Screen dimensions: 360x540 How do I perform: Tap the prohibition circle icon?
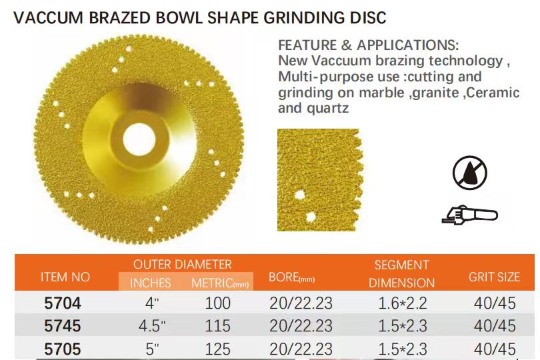[469, 173]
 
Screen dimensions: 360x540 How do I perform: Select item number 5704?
[62, 303]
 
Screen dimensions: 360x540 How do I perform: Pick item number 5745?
[62, 326]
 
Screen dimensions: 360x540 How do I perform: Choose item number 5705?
[62, 349]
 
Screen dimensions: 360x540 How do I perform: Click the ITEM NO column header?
[65, 277]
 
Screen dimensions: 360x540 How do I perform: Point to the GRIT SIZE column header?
[493, 277]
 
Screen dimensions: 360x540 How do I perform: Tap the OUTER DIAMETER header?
[182, 265]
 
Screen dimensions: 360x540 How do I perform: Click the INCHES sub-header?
[150, 283]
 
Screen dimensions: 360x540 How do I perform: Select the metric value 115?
[217, 326]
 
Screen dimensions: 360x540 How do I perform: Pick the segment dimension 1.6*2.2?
[402, 303]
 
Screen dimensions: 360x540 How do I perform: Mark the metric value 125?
[217, 349]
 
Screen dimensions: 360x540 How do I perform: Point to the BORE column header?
[291, 277]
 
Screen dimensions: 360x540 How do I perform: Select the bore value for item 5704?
[301, 303]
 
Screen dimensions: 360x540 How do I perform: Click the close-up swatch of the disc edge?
[318, 180]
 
